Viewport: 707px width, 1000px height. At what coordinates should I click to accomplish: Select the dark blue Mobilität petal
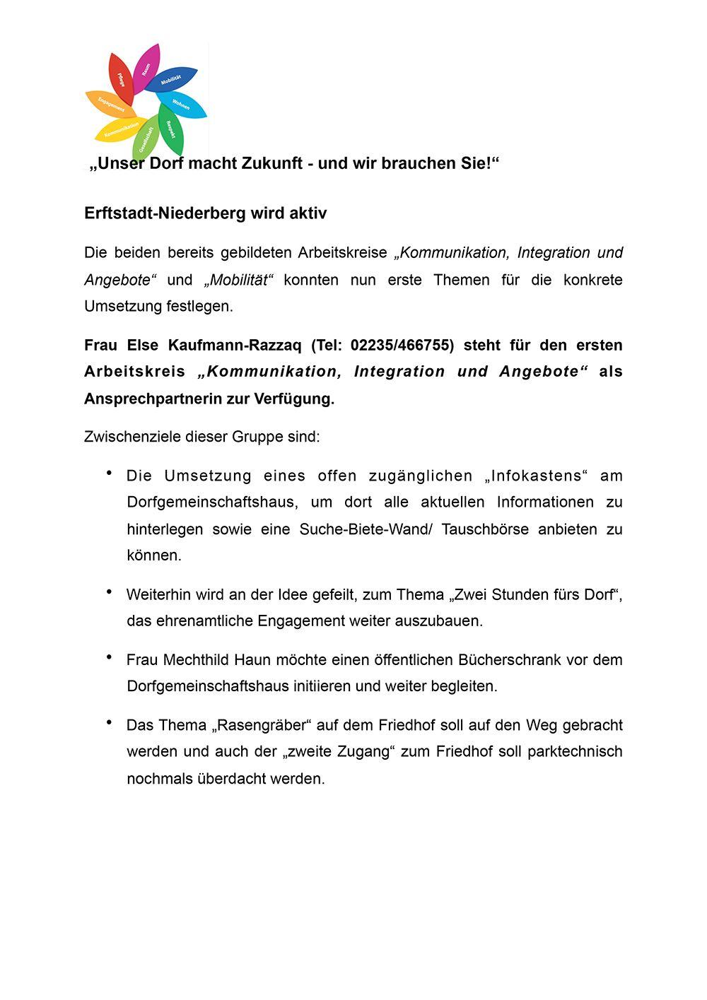173,79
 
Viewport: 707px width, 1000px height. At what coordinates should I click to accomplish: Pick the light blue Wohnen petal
182,105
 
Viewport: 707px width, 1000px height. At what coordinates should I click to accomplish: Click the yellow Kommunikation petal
120,130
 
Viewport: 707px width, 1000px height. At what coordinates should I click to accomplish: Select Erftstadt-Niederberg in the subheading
156,213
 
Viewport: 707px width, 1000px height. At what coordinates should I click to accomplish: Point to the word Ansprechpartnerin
153,399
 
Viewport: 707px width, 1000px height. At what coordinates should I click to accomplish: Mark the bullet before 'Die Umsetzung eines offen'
110,473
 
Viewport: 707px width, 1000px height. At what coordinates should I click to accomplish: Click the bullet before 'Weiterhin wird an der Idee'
110,592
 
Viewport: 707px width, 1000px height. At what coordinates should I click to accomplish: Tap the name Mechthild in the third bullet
197,660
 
